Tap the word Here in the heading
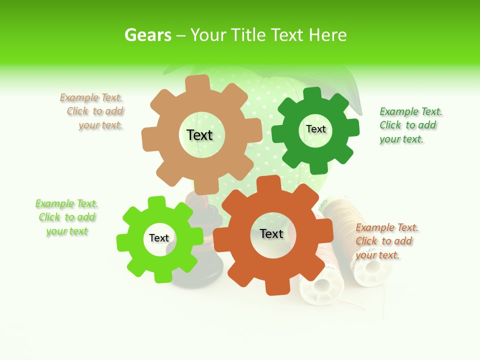point(327,35)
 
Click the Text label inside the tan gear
point(199,135)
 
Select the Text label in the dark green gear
point(316,129)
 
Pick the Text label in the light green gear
point(159,238)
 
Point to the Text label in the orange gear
point(271,233)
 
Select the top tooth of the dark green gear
point(312,93)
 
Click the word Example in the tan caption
point(79,97)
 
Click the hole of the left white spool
point(321,286)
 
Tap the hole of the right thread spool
point(372,265)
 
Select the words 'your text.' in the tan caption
point(100,125)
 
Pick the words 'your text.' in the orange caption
point(377,255)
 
